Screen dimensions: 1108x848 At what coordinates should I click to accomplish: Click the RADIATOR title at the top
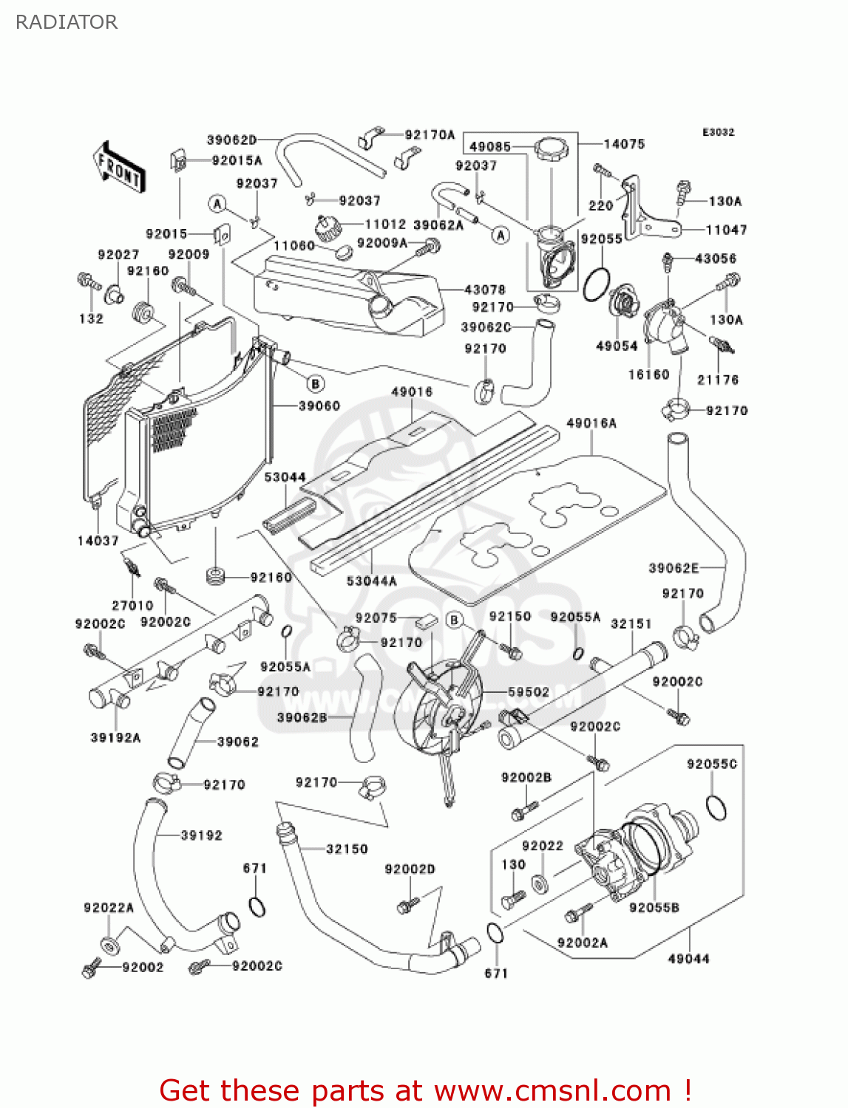point(67,22)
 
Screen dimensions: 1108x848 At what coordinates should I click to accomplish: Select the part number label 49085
point(489,146)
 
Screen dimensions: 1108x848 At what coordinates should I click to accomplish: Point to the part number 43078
point(484,290)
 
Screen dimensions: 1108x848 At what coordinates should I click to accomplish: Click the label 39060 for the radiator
point(319,406)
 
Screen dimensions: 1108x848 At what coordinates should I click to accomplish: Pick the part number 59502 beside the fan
point(529,692)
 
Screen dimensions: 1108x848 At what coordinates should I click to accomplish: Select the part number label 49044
point(688,959)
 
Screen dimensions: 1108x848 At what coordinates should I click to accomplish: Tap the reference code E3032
point(718,132)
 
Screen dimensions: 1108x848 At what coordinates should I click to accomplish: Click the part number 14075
point(624,144)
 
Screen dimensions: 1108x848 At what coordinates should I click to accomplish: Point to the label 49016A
point(591,423)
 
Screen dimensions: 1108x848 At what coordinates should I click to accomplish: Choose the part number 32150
point(347,849)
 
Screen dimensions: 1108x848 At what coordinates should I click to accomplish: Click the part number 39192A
point(115,737)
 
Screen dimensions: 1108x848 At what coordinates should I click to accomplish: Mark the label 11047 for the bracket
point(726,230)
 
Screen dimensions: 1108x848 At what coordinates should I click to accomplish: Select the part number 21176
point(718,380)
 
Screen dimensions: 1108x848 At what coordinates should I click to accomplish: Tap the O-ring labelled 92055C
point(716,807)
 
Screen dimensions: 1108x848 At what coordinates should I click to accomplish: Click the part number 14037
point(98,541)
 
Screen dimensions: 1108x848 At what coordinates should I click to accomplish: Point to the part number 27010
point(132,605)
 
